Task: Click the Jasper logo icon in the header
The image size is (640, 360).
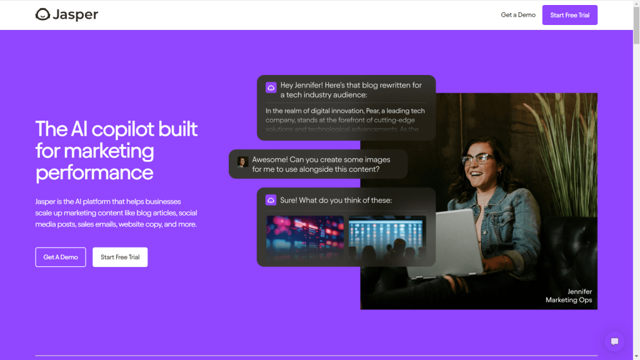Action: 42,14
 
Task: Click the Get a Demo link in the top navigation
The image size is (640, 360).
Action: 518,15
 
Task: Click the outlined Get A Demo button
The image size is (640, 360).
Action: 61,257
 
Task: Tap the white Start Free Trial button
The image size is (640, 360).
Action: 120,257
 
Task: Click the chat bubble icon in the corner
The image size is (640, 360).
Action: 614,341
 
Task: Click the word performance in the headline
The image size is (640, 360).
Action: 94,172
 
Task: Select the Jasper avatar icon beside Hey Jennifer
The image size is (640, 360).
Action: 271,87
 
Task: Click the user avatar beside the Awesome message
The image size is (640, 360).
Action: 242,162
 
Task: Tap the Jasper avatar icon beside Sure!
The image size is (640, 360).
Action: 271,200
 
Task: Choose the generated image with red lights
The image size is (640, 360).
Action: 305,237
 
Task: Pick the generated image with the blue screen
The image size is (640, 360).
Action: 387,237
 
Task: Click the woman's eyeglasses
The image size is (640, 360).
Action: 477,159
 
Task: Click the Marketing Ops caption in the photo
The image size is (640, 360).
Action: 568,301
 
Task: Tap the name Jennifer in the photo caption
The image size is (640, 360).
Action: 579,292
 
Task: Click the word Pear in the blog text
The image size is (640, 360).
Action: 365,111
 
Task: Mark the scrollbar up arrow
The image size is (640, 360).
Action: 636,4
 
